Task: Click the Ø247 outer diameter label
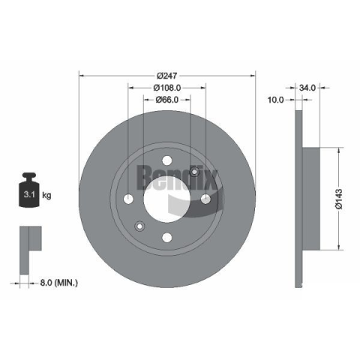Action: point(167,75)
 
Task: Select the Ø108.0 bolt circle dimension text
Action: point(167,88)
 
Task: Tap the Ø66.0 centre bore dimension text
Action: point(167,100)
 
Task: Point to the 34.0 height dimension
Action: point(307,88)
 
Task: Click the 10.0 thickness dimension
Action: point(276,100)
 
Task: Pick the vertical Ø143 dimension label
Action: point(339,199)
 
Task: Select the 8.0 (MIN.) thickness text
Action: point(59,283)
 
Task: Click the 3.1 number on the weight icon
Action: point(29,194)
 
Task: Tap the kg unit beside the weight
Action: point(46,195)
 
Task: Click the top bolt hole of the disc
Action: point(167,160)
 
